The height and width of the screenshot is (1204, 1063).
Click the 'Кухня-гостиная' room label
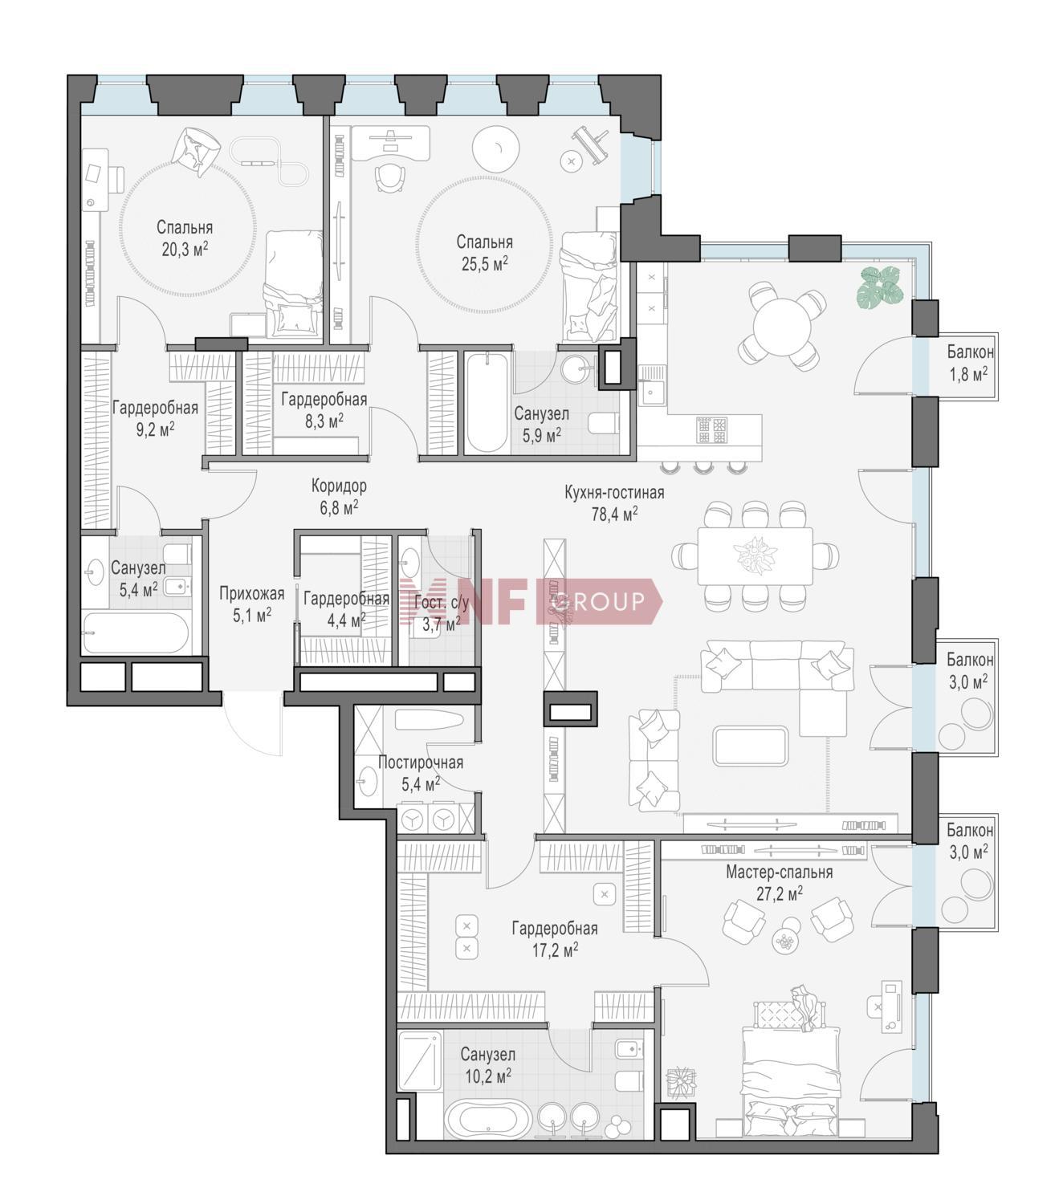pos(614,493)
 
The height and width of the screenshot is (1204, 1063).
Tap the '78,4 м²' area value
pos(615,514)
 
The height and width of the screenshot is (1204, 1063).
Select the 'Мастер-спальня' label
pos(779,872)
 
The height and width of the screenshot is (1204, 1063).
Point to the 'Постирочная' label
pos(421,763)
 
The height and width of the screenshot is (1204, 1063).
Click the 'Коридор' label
pos(339,486)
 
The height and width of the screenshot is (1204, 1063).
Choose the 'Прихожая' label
pos(251,593)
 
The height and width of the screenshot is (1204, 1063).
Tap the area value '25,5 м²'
pos(485,263)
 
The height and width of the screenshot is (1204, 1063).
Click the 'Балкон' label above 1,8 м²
pos(970,352)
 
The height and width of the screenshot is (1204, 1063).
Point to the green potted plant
pos(880,287)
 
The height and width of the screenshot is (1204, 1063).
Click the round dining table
pos(782,326)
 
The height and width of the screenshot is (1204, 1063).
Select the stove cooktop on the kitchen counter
pos(711,430)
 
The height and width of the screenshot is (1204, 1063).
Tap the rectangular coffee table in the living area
pos(751,746)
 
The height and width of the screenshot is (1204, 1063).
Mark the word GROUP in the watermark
pos(597,601)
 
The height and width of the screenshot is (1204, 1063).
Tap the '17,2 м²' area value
pos(555,950)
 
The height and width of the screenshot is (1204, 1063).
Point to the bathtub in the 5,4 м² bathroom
pos(136,633)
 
